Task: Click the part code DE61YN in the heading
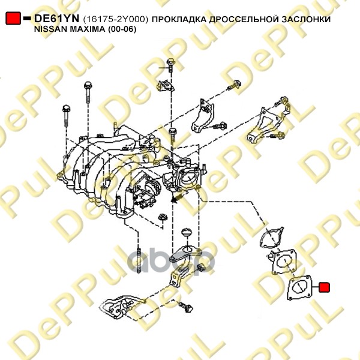click(56, 19)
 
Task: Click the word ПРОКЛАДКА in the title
click(179, 19)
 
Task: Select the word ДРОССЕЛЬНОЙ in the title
click(244, 19)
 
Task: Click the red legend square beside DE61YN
click(13, 19)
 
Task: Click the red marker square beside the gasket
click(324, 287)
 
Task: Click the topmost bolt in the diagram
click(170, 65)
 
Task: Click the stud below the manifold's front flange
click(139, 260)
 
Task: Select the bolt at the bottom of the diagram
click(186, 306)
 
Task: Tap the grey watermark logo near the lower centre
click(170, 262)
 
